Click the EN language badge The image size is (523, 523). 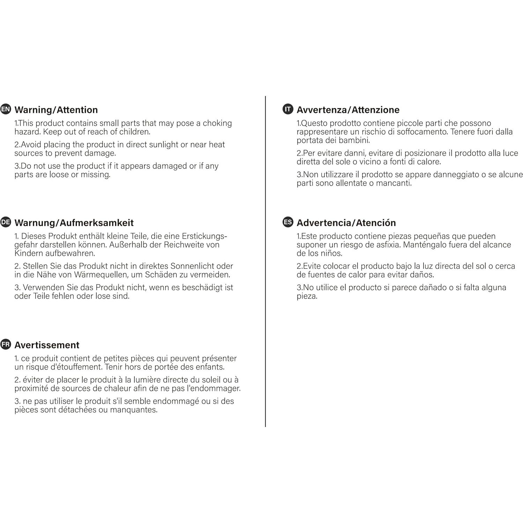click(6, 109)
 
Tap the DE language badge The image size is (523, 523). click(6, 222)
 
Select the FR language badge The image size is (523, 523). click(6, 344)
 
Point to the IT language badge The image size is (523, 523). click(288, 109)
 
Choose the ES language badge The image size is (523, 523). click(288, 222)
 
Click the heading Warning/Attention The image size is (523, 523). click(56, 110)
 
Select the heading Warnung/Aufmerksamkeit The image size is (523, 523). click(74, 223)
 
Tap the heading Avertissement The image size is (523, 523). click(47, 345)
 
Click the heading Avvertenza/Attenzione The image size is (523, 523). click(348, 110)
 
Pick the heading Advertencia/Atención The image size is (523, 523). click(346, 223)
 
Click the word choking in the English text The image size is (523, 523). click(217, 123)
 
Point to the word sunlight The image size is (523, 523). click(162, 145)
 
